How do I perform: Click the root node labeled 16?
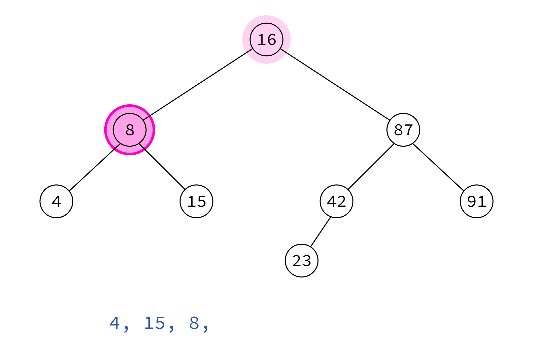coord(266,40)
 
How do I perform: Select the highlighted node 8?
coord(130,130)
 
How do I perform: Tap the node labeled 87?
coord(403,130)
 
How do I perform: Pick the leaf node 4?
coord(56,201)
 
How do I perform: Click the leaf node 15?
coord(197,201)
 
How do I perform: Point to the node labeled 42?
coord(336,201)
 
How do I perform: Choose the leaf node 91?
coord(477,201)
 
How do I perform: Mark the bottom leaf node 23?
coord(302,261)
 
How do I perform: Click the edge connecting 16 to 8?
coord(198,85)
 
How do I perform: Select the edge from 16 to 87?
coord(335,85)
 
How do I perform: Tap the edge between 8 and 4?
coord(95,167)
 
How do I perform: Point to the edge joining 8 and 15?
coord(162,167)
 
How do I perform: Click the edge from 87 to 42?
coord(371,167)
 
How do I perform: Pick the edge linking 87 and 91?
coord(438,167)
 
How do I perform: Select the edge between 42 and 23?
coord(320,232)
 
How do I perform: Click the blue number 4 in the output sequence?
coord(114,323)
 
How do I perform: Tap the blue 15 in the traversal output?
coord(155,323)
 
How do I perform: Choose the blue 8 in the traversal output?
coord(194,323)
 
